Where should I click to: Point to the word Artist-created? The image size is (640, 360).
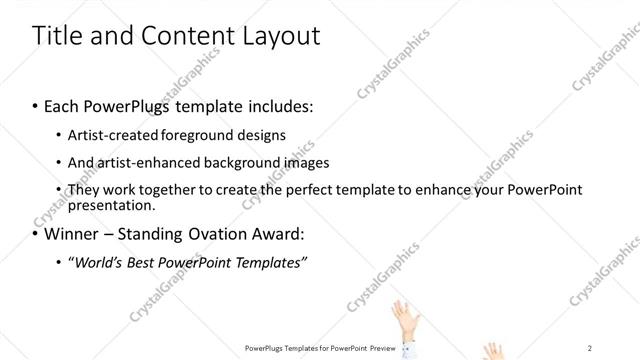111,135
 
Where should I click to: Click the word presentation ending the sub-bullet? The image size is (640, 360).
110,205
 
